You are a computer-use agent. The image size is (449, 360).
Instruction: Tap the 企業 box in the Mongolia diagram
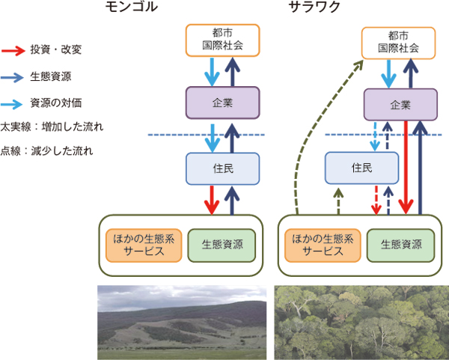point(222,100)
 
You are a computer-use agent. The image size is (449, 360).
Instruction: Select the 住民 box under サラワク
point(361,168)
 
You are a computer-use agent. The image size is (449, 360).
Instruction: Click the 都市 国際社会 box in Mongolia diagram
point(222,40)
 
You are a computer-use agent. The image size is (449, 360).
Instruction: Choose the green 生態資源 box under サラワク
point(400,245)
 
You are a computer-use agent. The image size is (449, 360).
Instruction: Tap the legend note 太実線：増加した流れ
point(52,126)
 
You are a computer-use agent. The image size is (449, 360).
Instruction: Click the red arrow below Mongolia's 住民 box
point(213,199)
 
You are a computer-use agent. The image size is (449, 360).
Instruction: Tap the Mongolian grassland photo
point(182,322)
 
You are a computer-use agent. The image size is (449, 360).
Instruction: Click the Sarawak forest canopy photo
point(361,322)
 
